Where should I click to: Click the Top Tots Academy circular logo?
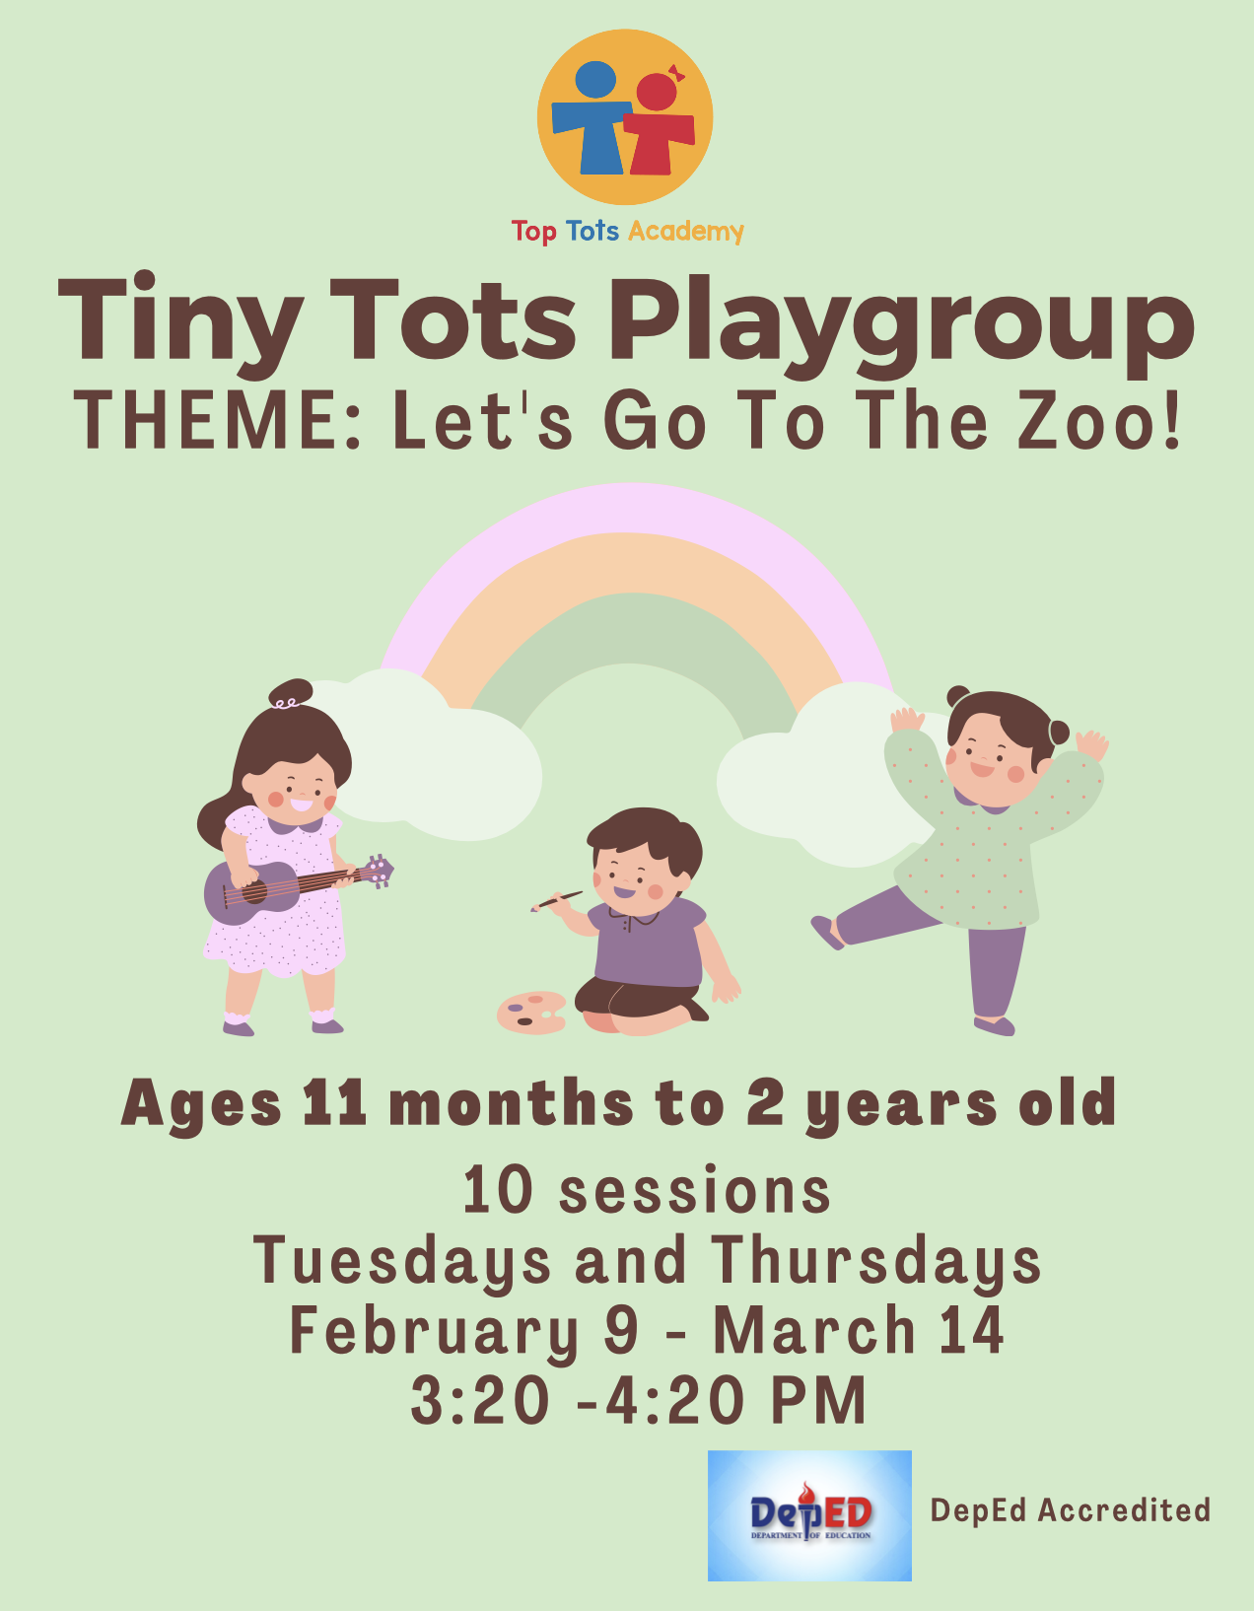(625, 116)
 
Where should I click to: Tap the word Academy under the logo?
(686, 231)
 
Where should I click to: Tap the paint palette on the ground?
(531, 1012)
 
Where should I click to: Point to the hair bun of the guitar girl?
(290, 693)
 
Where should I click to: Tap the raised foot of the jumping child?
(826, 932)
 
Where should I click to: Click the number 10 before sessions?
(497, 1190)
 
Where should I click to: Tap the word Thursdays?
(875, 1261)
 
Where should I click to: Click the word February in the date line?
(434, 1330)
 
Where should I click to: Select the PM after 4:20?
(818, 1400)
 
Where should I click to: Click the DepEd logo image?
(809, 1515)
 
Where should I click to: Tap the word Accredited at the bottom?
(1124, 1509)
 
